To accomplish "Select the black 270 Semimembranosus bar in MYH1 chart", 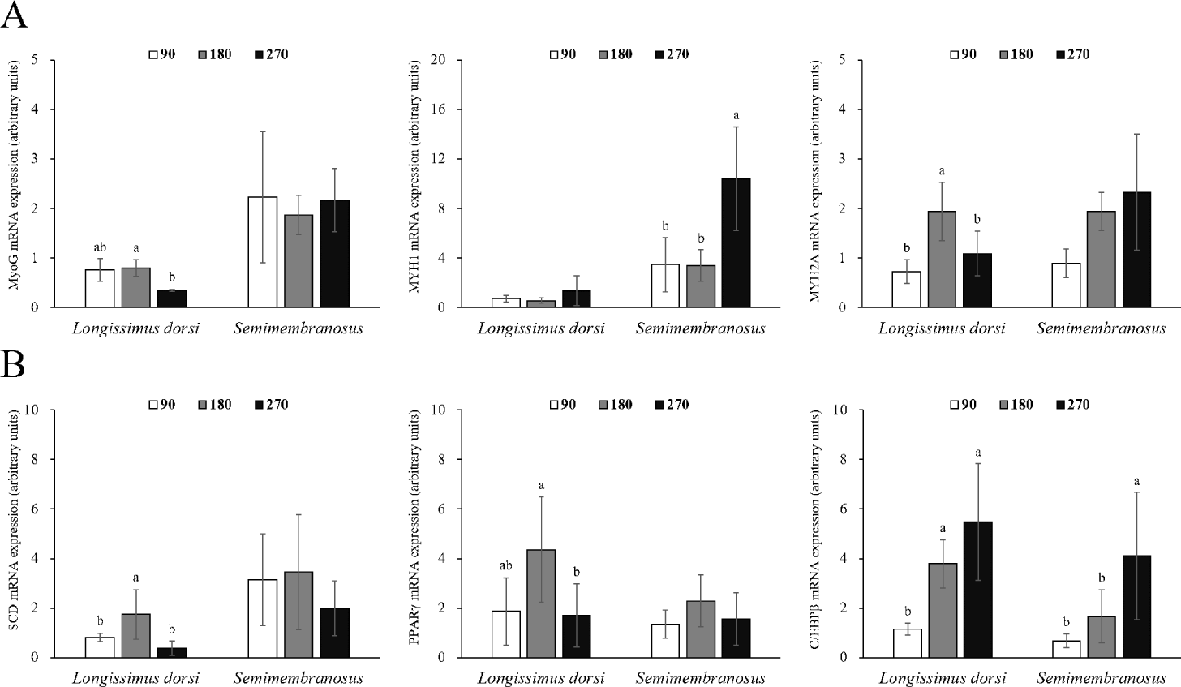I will (736, 243).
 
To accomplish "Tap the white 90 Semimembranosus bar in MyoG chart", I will (263, 252).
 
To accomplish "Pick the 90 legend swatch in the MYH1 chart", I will (556, 55).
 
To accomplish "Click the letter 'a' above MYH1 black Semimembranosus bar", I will (736, 115).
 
